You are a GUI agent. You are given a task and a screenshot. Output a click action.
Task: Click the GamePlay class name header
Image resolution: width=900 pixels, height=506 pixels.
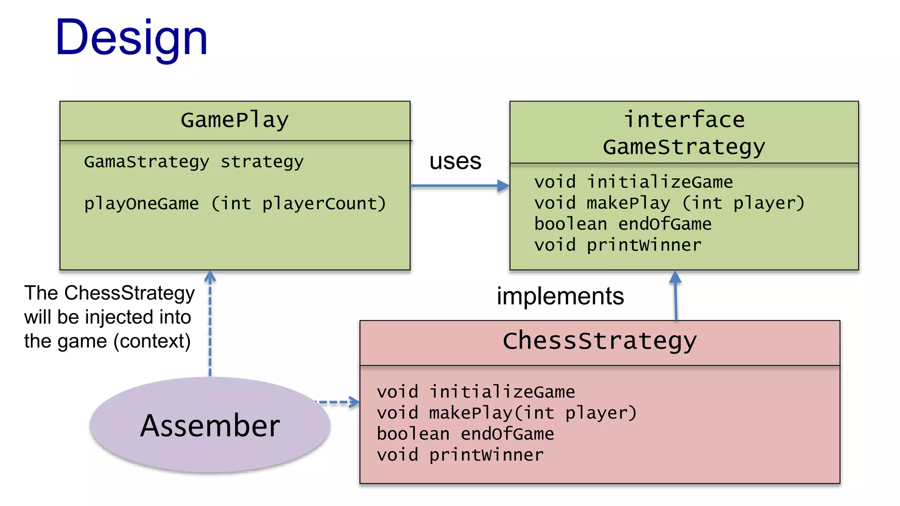235,120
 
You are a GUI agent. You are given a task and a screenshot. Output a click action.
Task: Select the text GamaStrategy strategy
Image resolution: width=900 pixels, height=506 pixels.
193,162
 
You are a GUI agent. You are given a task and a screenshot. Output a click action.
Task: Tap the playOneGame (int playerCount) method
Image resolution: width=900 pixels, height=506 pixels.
235,204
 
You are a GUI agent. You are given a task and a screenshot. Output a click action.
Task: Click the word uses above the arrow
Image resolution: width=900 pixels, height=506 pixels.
455,161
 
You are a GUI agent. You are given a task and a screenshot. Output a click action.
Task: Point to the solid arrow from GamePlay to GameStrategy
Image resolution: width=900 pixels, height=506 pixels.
459,186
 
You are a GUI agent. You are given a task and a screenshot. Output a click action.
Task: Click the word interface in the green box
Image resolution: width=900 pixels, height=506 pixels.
684,120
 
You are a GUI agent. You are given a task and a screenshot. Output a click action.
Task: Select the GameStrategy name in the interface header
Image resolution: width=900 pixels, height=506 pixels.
684,147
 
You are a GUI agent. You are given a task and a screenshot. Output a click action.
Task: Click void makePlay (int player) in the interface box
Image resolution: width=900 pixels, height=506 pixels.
669,203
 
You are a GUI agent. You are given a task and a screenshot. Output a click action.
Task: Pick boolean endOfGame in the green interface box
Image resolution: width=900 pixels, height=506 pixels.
622,224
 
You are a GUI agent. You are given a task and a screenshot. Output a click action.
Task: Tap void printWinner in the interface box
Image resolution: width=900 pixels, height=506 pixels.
617,245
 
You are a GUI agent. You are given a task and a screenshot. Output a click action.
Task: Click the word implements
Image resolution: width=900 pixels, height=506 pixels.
560,296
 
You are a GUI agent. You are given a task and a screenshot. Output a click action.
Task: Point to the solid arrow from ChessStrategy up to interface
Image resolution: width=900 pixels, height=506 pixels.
675,296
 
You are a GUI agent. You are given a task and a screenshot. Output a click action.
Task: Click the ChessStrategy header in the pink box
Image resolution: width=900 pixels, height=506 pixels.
599,341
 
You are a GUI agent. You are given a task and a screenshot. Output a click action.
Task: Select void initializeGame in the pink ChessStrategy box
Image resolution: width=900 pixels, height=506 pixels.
475,392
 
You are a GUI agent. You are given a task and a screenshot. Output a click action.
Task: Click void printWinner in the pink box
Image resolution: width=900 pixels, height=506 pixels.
460,455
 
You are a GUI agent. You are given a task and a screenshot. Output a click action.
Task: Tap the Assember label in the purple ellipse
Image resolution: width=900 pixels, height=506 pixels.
210,426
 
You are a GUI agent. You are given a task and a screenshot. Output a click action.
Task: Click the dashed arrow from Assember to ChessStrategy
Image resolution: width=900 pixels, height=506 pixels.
337,402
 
